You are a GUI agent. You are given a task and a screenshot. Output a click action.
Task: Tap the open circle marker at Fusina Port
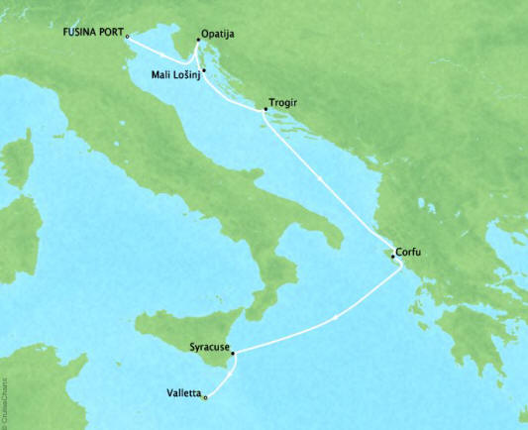[128, 37]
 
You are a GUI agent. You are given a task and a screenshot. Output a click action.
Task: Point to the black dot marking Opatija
[198, 42]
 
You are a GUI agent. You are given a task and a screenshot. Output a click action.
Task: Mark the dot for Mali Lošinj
[203, 69]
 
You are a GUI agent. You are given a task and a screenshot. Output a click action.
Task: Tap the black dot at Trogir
[263, 111]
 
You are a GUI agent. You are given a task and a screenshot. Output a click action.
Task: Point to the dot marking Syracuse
[233, 351]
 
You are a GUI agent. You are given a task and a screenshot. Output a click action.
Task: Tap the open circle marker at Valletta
[205, 398]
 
